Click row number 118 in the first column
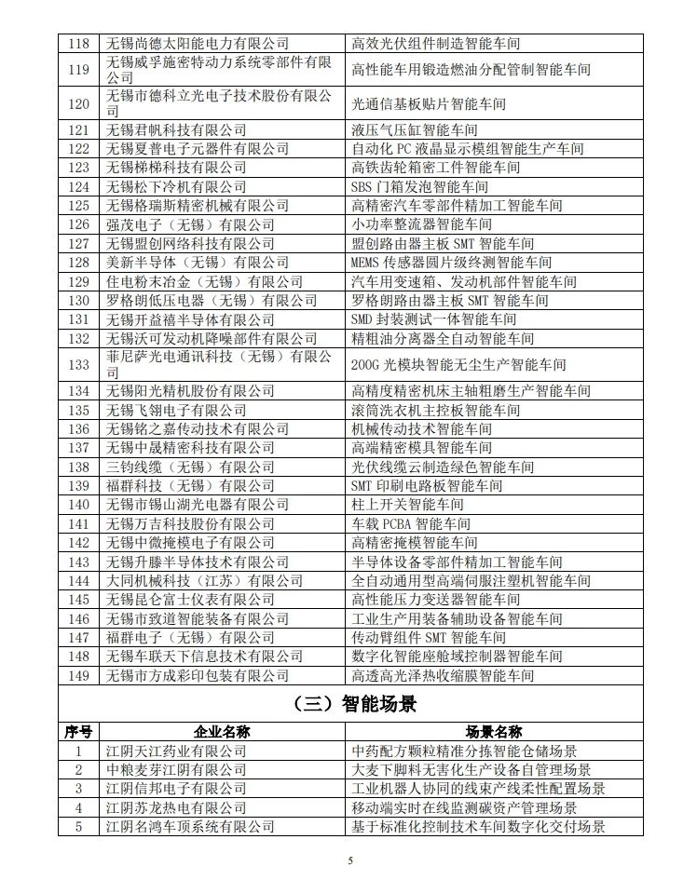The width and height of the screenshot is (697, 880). pyautogui.click(x=79, y=43)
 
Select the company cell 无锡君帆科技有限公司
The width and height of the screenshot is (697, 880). pyautogui.click(x=176, y=129)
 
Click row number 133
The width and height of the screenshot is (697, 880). pyautogui.click(x=79, y=364)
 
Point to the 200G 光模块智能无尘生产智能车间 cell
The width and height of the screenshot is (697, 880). pyautogui.click(x=458, y=364)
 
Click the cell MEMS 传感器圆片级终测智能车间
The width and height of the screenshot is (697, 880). pyautogui.click(x=451, y=263)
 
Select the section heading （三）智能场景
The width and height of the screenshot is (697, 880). pyautogui.click(x=348, y=704)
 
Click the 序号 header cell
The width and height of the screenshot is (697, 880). pyautogui.click(x=79, y=731)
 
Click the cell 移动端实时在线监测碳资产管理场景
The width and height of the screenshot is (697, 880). pyautogui.click(x=464, y=807)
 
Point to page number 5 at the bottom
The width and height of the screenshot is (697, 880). pyautogui.click(x=350, y=861)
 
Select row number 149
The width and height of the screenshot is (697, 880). pyautogui.click(x=79, y=675)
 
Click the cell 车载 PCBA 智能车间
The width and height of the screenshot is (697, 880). pyautogui.click(x=411, y=524)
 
